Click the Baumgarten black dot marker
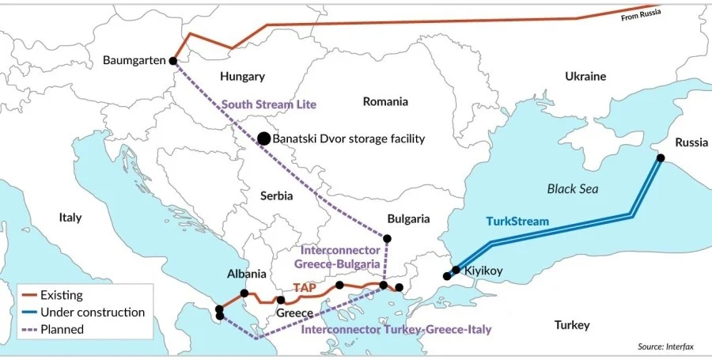(173, 60)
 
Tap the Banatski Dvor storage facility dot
(263, 138)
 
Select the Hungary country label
(242, 77)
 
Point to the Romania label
(385, 101)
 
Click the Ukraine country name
(585, 77)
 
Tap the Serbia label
(276, 195)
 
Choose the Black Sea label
(573, 189)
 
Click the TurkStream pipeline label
(517, 221)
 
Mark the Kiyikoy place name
(483, 271)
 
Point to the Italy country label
(70, 217)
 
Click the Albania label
(246, 274)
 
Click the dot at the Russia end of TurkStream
(661, 158)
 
